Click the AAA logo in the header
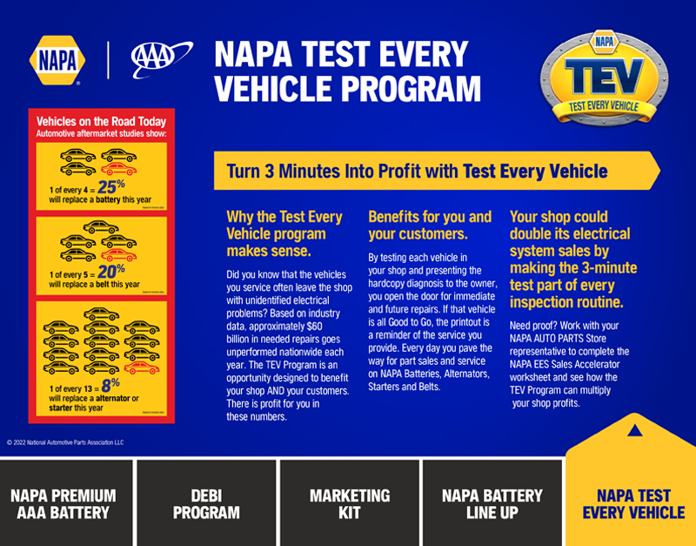point(156,59)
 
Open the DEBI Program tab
point(206,504)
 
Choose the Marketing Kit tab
point(350,504)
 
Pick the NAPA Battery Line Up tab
point(492,504)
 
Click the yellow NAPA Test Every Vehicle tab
point(633,504)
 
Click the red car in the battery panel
point(119,168)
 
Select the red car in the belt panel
point(119,255)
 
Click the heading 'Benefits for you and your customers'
point(430,226)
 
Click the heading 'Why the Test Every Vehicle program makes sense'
point(284,233)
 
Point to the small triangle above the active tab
point(634,429)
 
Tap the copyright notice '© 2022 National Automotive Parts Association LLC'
point(65,442)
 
